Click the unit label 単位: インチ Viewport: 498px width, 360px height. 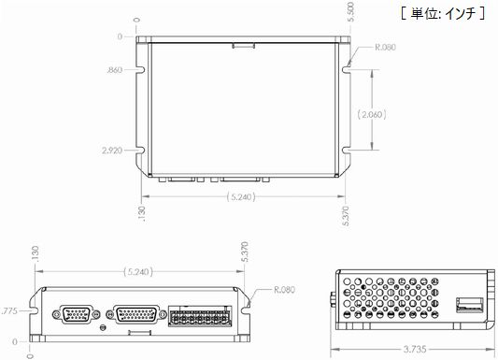click(x=444, y=14)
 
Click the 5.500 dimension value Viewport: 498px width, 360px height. click(x=350, y=12)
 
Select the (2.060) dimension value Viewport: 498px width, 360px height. click(x=372, y=114)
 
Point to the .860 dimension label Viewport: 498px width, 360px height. click(x=115, y=70)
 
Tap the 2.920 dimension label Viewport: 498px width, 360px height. click(x=112, y=151)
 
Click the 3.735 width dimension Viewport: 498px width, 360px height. click(x=415, y=350)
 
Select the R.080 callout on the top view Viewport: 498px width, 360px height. click(x=386, y=47)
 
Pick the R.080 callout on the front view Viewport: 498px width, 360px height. click(x=284, y=290)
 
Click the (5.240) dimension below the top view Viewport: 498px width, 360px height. click(x=241, y=197)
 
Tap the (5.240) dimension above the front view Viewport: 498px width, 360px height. click(x=138, y=272)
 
